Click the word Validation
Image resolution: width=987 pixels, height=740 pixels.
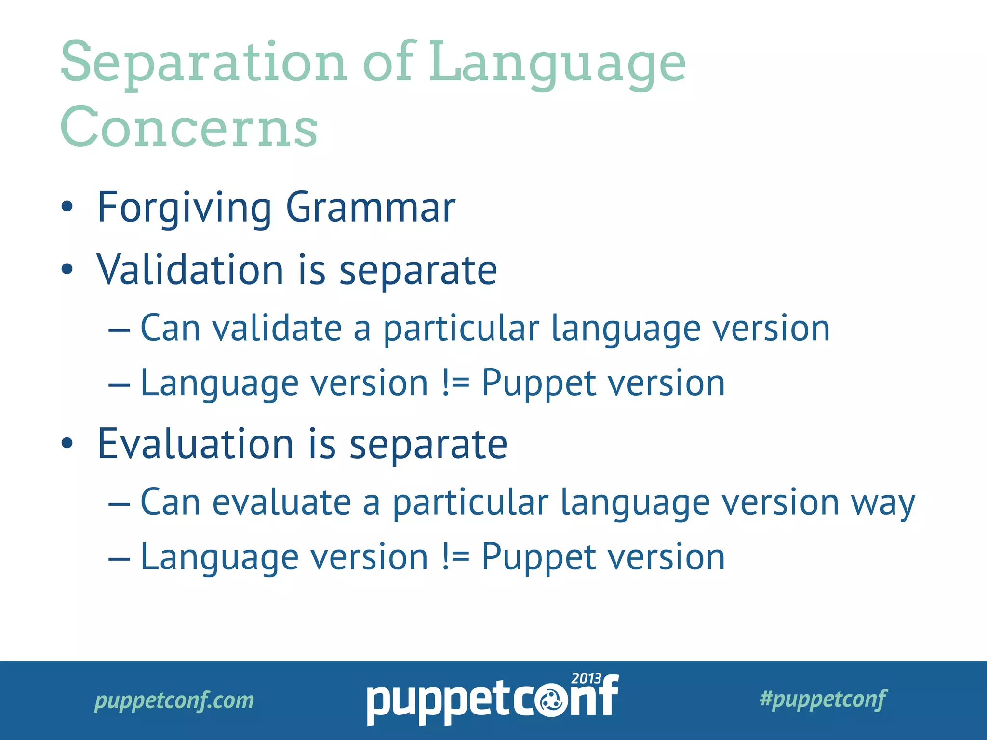tap(190, 270)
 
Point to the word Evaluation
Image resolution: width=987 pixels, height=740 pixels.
tap(195, 444)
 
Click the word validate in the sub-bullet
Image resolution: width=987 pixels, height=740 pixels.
tap(277, 329)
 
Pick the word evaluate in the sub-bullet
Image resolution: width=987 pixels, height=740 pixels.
tap(281, 502)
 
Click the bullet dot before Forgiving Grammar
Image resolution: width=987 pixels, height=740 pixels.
tap(67, 207)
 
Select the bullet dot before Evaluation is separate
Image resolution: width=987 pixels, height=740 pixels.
tap(67, 444)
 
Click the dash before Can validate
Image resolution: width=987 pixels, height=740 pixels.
tap(119, 330)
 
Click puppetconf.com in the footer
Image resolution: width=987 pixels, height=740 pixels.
tap(174, 700)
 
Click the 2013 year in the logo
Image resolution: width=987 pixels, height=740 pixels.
tap(586, 679)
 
